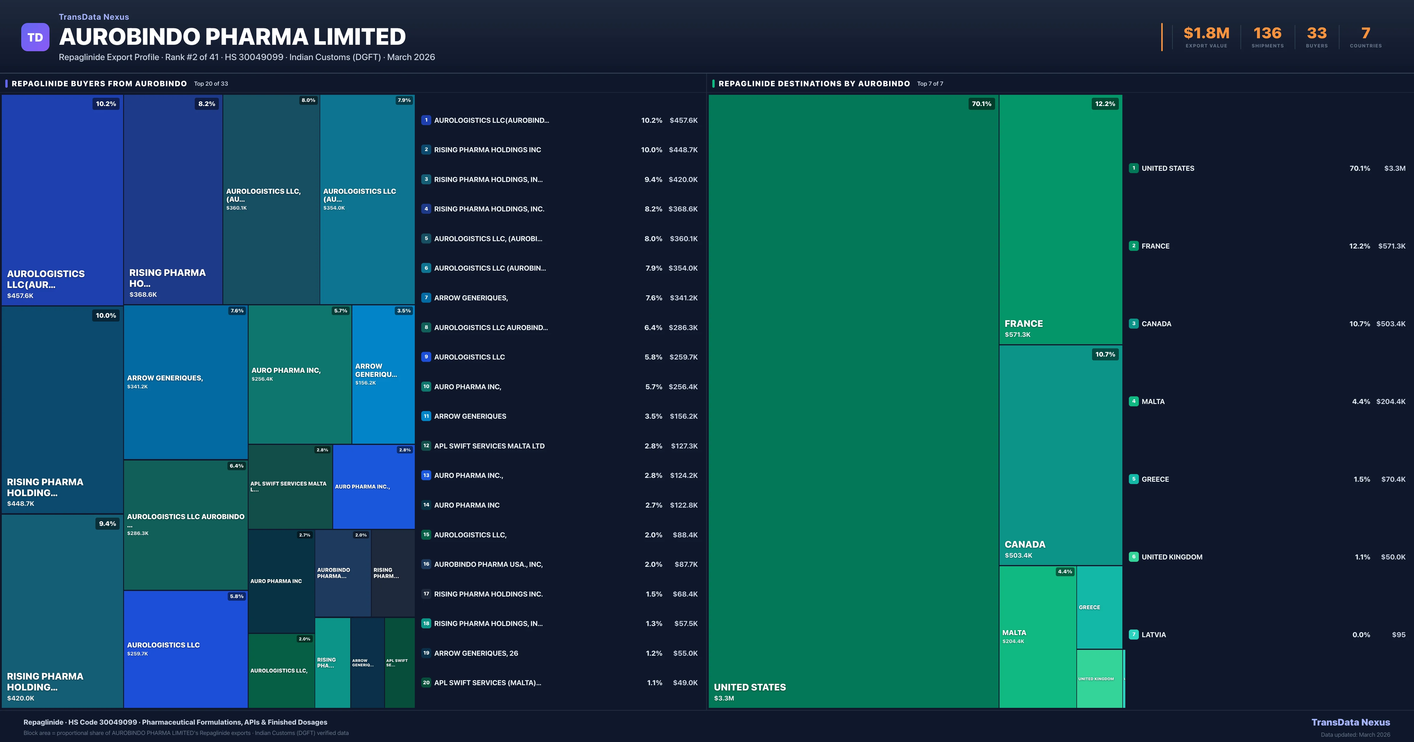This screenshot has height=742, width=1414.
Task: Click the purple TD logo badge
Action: (x=35, y=37)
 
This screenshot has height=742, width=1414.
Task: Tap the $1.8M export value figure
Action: (x=1206, y=34)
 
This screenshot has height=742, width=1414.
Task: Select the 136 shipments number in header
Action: (x=1267, y=34)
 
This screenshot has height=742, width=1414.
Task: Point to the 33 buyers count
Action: (x=1316, y=34)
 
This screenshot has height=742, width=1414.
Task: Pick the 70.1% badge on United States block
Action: (x=982, y=104)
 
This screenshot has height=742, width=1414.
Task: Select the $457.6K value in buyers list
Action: (x=683, y=120)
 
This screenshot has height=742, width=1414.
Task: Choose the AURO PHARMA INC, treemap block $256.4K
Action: (x=300, y=374)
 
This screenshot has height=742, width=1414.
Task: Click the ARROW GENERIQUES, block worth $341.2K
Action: (x=186, y=382)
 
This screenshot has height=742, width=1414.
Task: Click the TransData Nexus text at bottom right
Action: (x=1350, y=722)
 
